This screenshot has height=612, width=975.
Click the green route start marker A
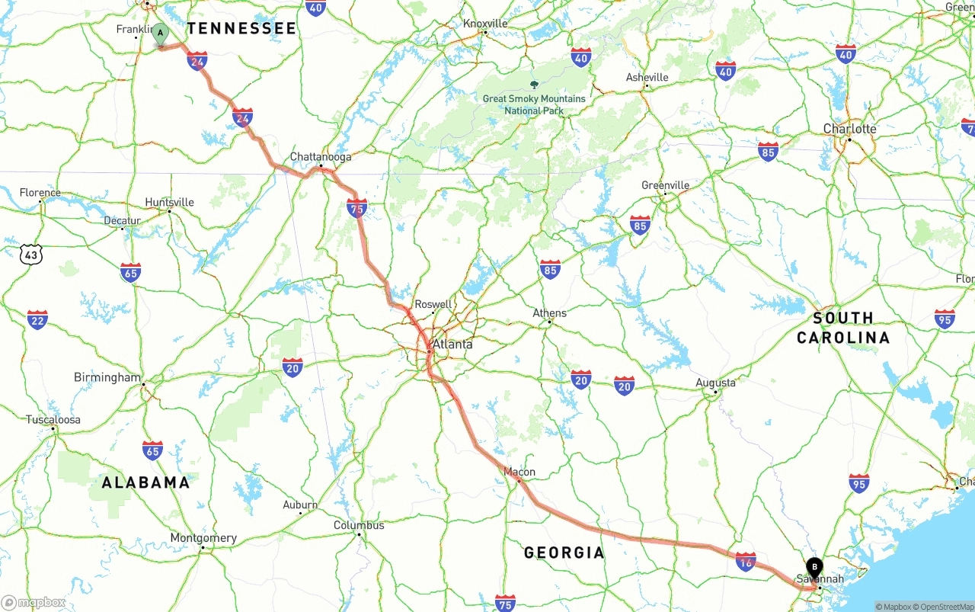click(x=160, y=34)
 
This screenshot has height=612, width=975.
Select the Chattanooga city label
click(x=321, y=157)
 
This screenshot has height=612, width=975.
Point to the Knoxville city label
click(x=485, y=24)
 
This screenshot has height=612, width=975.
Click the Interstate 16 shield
click(x=746, y=562)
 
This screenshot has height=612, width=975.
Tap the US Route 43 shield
click(x=30, y=255)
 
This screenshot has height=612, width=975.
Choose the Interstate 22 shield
click(x=37, y=319)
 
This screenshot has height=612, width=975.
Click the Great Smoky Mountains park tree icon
click(x=534, y=85)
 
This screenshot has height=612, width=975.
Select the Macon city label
click(x=519, y=472)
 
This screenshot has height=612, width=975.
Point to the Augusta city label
click(x=715, y=383)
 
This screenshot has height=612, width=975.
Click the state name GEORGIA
click(x=564, y=553)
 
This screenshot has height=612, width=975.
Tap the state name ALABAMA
click(x=145, y=482)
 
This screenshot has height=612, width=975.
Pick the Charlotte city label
click(x=849, y=129)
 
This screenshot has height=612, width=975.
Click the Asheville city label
click(x=647, y=77)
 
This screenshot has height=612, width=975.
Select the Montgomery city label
click(x=203, y=537)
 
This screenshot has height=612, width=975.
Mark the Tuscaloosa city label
click(x=53, y=420)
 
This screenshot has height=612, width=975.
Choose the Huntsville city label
click(x=169, y=202)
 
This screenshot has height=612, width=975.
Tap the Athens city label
click(x=549, y=312)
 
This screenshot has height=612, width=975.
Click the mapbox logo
click(x=34, y=603)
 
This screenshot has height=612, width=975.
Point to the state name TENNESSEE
click(x=241, y=29)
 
